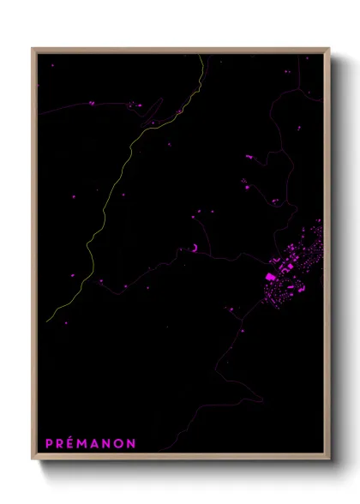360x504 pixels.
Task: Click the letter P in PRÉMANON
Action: [49, 443]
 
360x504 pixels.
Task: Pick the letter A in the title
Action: [98, 443]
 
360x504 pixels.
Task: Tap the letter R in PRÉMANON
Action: [61, 443]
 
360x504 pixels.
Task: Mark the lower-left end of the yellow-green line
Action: [48, 321]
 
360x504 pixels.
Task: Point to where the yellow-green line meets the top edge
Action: [201, 55]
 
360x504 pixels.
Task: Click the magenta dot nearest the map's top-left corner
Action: [52, 65]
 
